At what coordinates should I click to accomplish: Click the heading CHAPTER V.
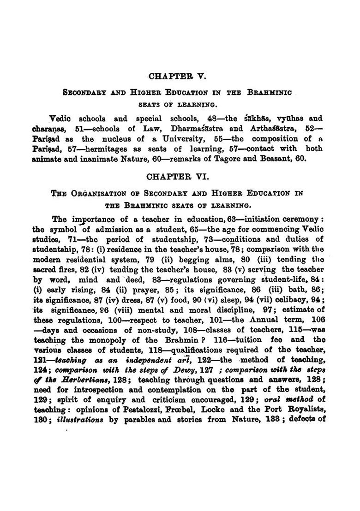point(180,76)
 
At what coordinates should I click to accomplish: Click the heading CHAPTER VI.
point(180,177)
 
